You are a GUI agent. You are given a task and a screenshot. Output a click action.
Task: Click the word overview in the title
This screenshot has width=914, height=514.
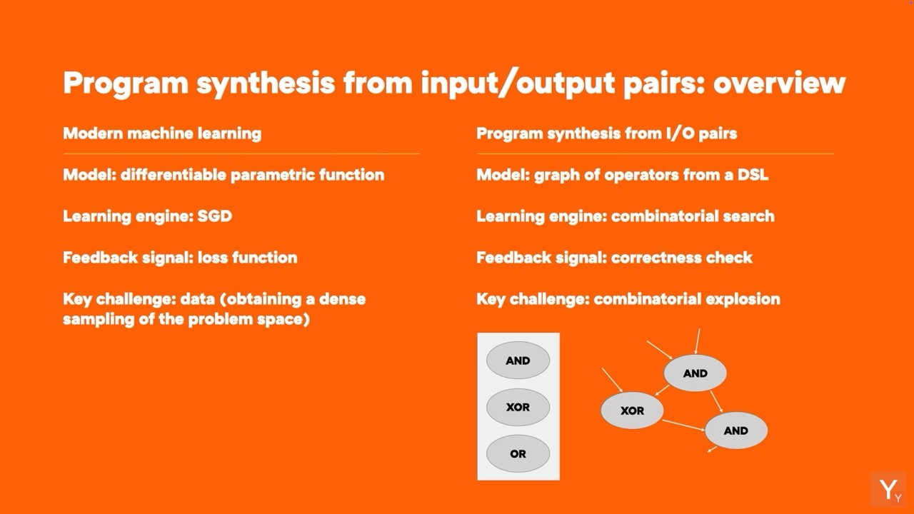click(x=779, y=83)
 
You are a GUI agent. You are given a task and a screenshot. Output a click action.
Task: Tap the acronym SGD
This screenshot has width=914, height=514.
click(x=215, y=216)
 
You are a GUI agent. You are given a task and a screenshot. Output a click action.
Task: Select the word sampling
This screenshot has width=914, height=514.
click(x=99, y=319)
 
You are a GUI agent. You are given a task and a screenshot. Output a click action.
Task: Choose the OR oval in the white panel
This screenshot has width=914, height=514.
click(x=518, y=453)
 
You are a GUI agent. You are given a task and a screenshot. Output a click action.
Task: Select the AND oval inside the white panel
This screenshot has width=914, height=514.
click(x=518, y=361)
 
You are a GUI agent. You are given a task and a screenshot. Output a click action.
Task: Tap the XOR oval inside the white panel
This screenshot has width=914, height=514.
click(x=518, y=407)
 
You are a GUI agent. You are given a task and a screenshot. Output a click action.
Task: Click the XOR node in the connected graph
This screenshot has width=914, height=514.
click(x=632, y=410)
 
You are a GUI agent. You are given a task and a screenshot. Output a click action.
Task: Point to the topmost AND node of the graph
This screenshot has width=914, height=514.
click(x=695, y=373)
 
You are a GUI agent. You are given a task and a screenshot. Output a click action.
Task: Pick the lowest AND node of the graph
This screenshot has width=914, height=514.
click(x=736, y=430)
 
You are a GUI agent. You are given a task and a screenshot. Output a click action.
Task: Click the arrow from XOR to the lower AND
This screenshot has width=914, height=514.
click(x=683, y=425)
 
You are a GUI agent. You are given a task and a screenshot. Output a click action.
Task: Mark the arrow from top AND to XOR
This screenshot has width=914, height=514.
click(x=662, y=390)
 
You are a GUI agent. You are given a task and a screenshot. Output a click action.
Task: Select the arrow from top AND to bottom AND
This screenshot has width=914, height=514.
click(x=716, y=401)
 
